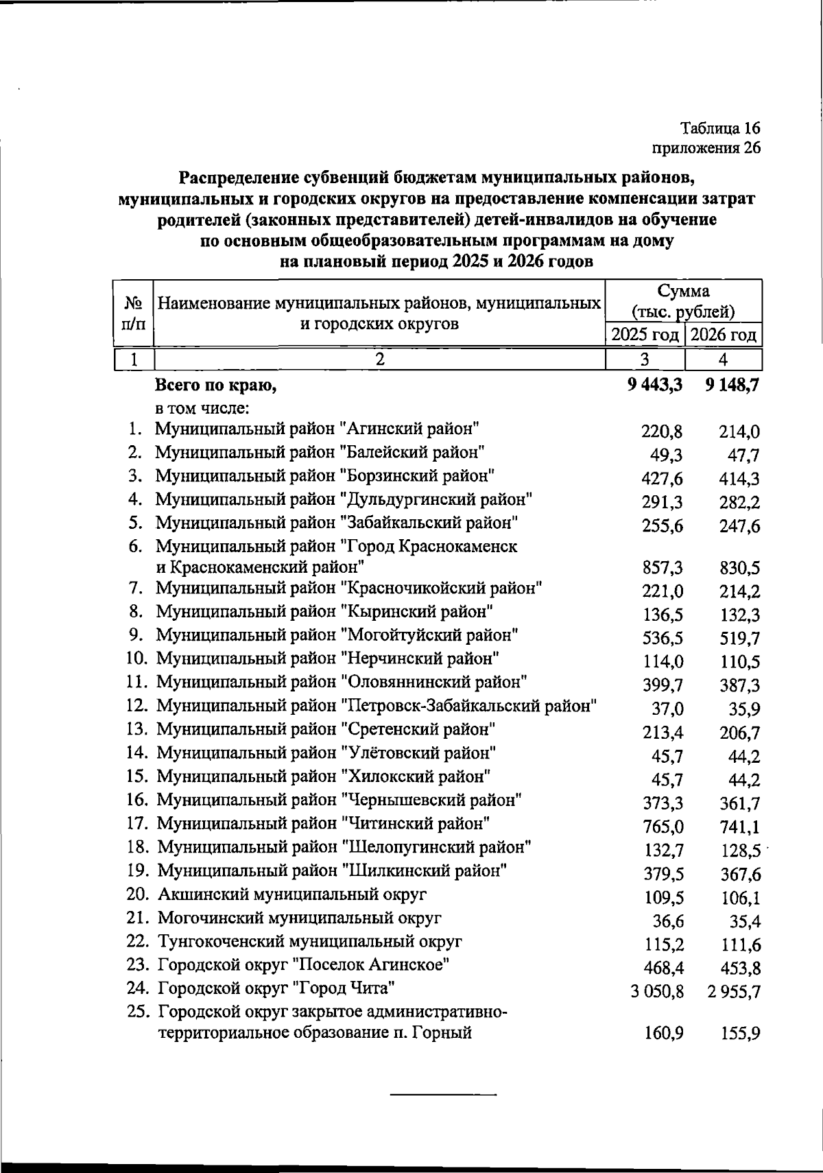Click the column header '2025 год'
[645, 335]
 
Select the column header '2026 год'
[724, 335]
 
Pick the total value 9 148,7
[732, 386]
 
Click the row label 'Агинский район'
[317, 429]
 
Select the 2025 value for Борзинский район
[662, 479]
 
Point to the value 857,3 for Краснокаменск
[662, 568]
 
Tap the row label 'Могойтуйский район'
[337, 635]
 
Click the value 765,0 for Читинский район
[662, 827]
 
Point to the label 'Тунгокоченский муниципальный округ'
[310, 941]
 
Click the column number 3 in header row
[645, 359]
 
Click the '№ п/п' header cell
[133, 312]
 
